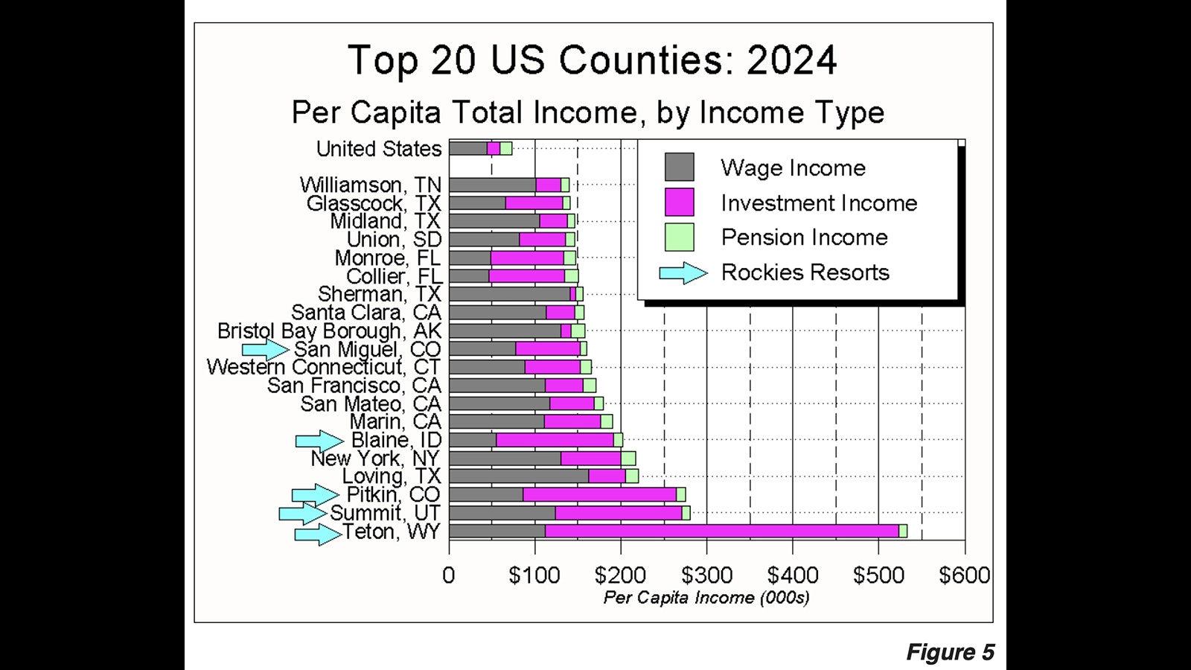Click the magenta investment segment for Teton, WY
[x=722, y=531]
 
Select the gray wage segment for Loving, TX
[x=519, y=476]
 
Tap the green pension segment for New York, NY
[x=628, y=458]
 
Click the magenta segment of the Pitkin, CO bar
[x=599, y=494]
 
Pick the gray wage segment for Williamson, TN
[x=492, y=185]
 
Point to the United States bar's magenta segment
[x=494, y=148]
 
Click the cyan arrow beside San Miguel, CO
[x=265, y=348]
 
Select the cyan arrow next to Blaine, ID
[x=319, y=440]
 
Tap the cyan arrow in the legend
[x=683, y=273]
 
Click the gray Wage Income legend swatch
[x=679, y=167]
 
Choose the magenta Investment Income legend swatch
[x=679, y=202]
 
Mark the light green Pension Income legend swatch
[x=679, y=237]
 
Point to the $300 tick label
[x=706, y=575]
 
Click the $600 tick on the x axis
[x=964, y=575]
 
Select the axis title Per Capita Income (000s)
[x=706, y=598]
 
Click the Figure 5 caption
[x=950, y=652]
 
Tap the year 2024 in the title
[x=791, y=60]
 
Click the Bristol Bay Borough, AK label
[x=329, y=331]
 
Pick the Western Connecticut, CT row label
[x=323, y=367]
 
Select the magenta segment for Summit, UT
[x=618, y=513]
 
